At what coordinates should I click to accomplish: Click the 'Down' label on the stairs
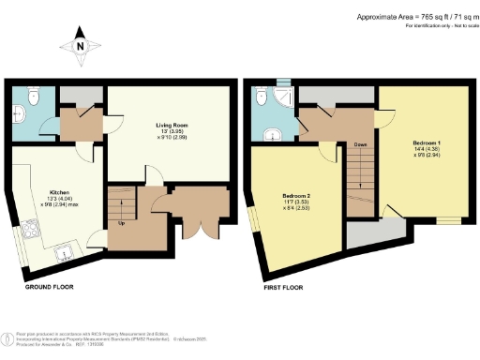(x=360, y=145)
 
